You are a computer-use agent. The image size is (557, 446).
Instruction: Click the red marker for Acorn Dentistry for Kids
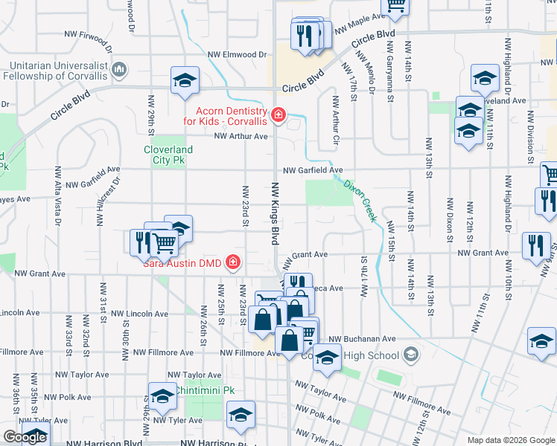click(x=278, y=114)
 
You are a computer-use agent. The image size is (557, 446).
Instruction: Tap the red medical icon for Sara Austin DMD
click(x=232, y=262)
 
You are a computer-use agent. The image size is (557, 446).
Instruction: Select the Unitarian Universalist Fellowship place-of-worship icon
click(x=119, y=70)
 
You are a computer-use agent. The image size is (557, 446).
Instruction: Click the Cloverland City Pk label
click(x=168, y=155)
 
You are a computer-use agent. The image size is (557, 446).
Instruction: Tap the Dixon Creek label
click(x=360, y=198)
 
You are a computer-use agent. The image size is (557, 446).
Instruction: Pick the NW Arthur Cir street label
click(x=336, y=119)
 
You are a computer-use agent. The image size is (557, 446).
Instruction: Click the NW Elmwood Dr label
click(x=237, y=54)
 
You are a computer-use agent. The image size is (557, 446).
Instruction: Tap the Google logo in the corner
click(x=25, y=437)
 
